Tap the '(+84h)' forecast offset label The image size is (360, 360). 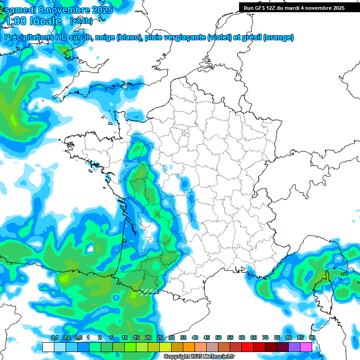pyautogui.click(x=81, y=21)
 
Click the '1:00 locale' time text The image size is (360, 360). pyautogui.click(x=33, y=21)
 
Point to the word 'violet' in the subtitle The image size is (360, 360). pyautogui.click(x=219, y=37)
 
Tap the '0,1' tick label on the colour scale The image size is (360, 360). pyautogui.click(x=54, y=337)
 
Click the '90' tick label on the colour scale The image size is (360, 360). pyautogui.click(x=312, y=337)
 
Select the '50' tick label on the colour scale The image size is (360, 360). pyautogui.click(x=218, y=337)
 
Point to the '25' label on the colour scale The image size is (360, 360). pyautogui.click(x=160, y=337)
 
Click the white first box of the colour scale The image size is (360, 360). pyautogui.click(x=48, y=347)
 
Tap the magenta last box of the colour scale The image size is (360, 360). pyautogui.click(x=306, y=347)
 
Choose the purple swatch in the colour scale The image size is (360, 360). pyautogui.click(x=294, y=347)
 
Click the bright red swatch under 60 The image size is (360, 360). pyautogui.click(x=247, y=347)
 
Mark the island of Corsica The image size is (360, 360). pyautogui.click(x=323, y=286)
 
